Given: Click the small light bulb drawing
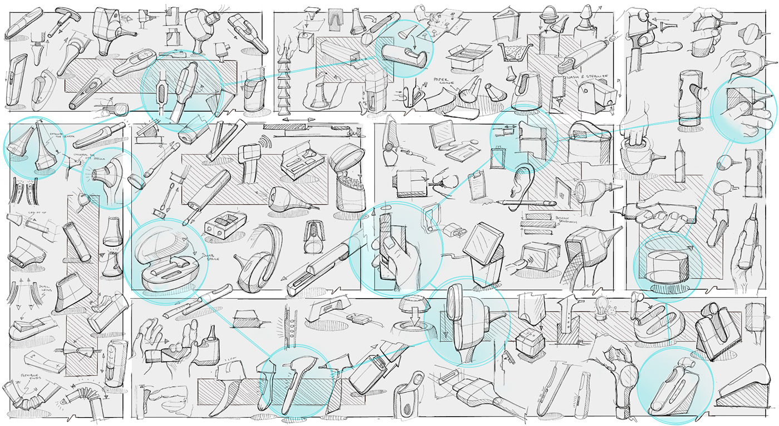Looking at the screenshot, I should pyautogui.click(x=600, y=307).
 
